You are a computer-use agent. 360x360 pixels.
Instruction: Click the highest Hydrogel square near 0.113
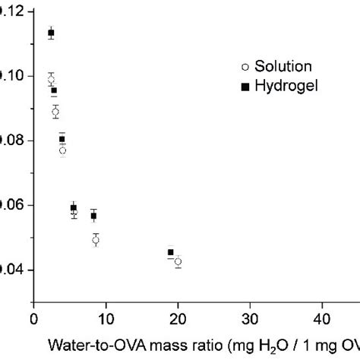coord(51,33)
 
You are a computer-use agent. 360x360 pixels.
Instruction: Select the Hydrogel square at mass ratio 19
coord(170,252)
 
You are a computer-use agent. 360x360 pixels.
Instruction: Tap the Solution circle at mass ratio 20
coord(178,261)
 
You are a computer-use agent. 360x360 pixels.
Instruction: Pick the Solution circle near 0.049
coord(96,240)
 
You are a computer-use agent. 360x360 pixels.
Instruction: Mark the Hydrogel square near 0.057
coord(93,216)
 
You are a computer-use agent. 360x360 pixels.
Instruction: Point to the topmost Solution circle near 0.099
coord(51,80)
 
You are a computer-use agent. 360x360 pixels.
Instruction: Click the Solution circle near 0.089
coord(55,112)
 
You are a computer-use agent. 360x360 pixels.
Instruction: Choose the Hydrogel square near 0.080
coord(62,139)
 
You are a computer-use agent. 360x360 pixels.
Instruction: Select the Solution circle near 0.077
coord(62,150)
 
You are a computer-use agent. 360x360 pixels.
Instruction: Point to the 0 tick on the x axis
coord(33,321)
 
